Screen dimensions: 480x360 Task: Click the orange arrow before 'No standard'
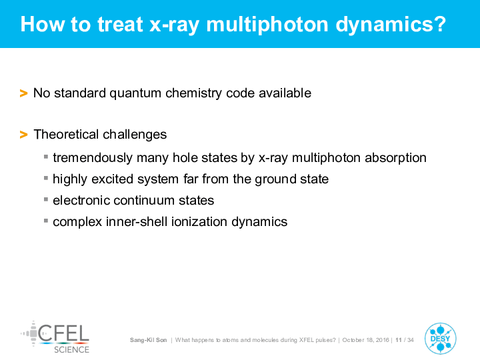23,93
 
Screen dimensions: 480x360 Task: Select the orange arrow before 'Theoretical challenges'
23,135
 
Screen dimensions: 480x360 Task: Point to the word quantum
135,94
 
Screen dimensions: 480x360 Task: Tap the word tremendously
93,158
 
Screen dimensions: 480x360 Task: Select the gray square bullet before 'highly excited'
46,178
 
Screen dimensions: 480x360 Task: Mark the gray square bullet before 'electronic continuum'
46,199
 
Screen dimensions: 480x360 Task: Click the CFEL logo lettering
63,333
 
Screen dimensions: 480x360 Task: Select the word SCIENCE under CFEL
71,349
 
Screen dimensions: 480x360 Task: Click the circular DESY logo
441,339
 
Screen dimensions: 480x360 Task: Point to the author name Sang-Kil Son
149,340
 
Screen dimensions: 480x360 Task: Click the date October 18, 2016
365,340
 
